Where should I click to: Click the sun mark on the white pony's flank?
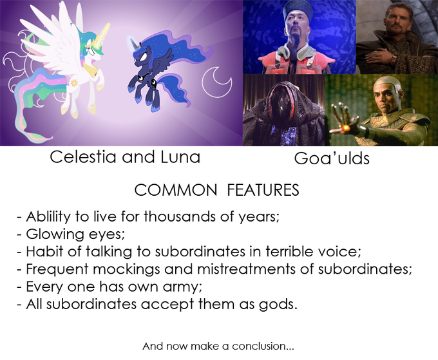(74, 82)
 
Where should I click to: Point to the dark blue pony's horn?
(133, 43)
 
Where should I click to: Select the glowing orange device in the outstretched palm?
(346, 128)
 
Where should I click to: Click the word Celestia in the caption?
(83, 157)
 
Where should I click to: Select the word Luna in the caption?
(180, 157)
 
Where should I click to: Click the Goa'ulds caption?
(332, 158)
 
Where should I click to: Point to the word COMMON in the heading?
(176, 190)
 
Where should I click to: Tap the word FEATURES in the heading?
(263, 190)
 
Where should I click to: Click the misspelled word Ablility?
(48, 217)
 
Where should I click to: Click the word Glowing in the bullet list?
(55, 234)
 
